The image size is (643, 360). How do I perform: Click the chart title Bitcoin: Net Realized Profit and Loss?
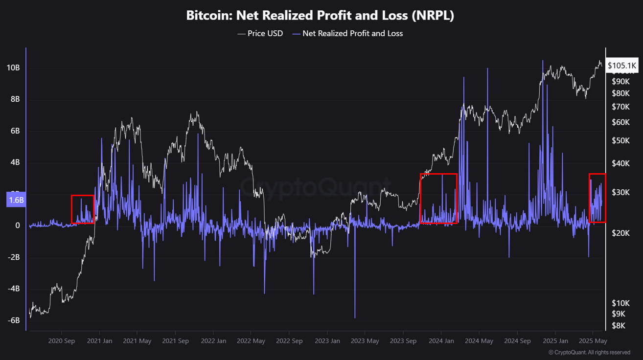tap(320, 15)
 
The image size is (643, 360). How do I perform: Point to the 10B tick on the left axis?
tap(14, 67)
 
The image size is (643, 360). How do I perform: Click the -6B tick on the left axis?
tap(14, 320)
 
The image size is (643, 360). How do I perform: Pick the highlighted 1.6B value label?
tap(16, 200)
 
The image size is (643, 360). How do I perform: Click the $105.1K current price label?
tap(622, 65)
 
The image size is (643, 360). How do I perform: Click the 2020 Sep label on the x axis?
tap(62, 341)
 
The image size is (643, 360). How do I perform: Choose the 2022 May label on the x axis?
tap(251, 341)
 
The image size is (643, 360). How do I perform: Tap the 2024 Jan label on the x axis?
tap(440, 341)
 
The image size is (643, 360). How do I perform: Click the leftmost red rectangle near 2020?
tap(83, 209)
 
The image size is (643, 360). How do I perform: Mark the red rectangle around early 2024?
tap(438, 198)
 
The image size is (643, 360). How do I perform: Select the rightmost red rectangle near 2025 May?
tap(597, 198)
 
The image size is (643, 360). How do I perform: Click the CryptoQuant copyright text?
tap(589, 352)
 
